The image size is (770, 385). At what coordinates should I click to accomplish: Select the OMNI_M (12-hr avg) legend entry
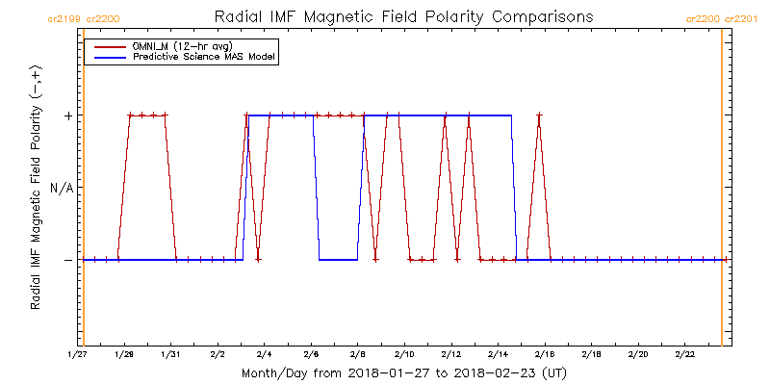click(178, 47)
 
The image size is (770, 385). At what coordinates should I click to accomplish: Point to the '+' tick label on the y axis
click(68, 115)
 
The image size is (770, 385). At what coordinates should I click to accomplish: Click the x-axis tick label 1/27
click(78, 355)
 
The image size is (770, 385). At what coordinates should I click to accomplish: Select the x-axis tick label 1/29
click(125, 355)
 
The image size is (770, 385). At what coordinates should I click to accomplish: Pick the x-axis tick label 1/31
click(171, 355)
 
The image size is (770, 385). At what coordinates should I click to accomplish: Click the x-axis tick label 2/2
click(218, 355)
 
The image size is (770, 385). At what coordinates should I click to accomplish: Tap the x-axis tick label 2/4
click(264, 355)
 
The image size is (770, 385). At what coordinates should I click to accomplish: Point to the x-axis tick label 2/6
click(311, 355)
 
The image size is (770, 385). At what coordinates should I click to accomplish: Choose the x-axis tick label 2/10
click(404, 355)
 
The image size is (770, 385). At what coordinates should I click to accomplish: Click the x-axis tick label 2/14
click(498, 355)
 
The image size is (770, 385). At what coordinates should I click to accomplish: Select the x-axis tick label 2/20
click(637, 355)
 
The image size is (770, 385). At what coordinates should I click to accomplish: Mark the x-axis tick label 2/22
click(684, 355)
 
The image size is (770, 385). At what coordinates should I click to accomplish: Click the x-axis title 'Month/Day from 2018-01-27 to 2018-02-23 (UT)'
click(402, 372)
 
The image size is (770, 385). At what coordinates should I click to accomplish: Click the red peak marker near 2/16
click(539, 115)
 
